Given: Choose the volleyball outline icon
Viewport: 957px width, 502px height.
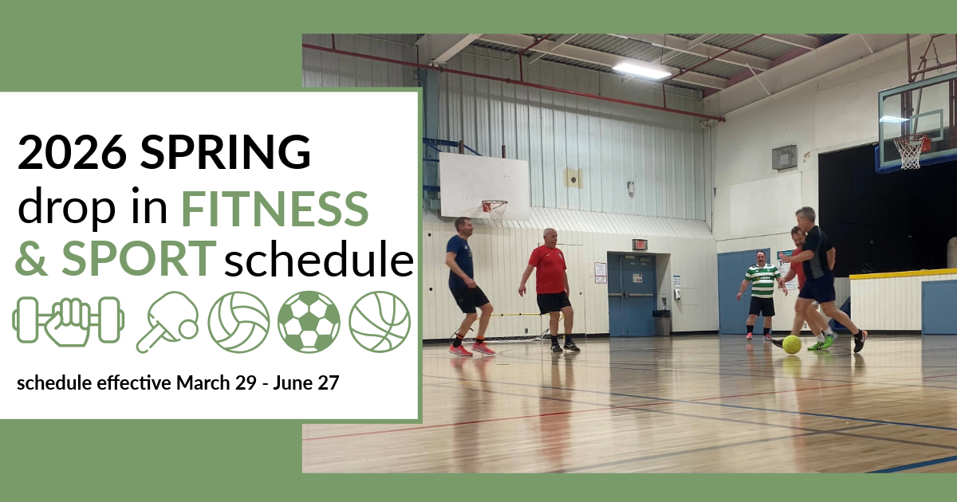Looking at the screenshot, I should (238, 322).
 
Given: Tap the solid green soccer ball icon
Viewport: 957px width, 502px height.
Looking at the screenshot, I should (309, 322).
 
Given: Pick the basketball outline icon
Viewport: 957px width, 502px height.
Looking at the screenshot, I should (380, 322).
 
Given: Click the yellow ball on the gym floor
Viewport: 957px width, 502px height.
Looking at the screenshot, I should (791, 344).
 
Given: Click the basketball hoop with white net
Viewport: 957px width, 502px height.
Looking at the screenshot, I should (910, 151).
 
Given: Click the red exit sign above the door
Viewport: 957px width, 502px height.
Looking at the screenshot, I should (639, 245).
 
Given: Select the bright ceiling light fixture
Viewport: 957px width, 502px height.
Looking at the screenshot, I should (641, 70).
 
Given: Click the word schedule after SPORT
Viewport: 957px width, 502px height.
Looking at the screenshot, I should (319, 259).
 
